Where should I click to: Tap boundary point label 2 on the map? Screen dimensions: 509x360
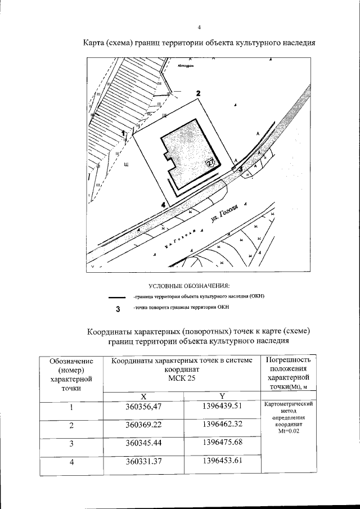click(197, 93)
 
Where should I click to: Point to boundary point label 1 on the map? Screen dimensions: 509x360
click(124, 132)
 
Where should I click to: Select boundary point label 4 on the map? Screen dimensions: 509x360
click(163, 205)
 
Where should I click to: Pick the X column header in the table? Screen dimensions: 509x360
click(144, 395)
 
